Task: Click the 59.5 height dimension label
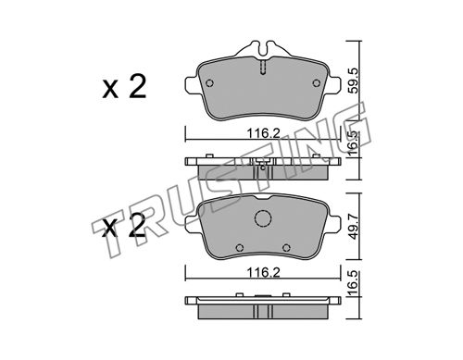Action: point(353,81)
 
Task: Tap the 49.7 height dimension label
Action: point(353,228)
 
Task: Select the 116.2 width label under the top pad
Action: point(263,133)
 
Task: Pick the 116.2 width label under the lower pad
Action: point(263,272)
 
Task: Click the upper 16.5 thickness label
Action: point(353,143)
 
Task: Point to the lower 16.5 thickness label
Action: point(353,283)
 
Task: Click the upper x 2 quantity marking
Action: point(124,87)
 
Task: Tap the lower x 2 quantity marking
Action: point(124,225)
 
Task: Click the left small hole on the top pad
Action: point(209,83)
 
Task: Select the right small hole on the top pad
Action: point(317,83)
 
